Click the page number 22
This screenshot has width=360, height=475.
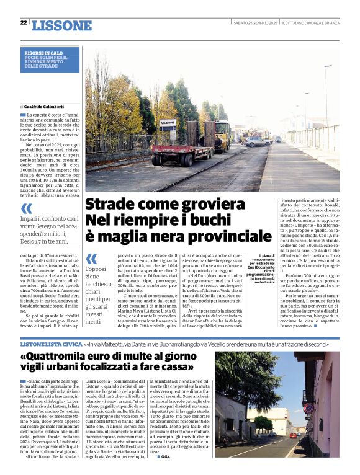click(23, 23)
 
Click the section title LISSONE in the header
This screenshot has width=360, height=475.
click(61, 25)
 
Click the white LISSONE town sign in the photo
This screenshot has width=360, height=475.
click(168, 123)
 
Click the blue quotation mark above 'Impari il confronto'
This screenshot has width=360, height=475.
click(27, 209)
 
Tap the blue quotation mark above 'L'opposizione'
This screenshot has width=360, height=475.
click(91, 258)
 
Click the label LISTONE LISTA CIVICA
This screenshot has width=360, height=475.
click(52, 343)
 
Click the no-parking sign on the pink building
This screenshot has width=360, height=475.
click(309, 407)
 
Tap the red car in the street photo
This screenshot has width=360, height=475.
click(293, 436)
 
